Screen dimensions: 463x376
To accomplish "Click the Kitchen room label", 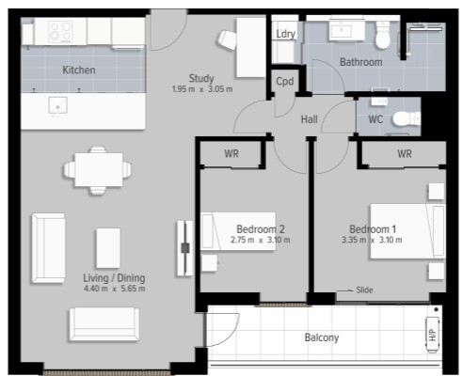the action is [79, 70].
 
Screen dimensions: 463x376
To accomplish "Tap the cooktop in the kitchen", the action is [61, 32].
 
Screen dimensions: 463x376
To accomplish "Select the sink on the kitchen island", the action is [58, 105].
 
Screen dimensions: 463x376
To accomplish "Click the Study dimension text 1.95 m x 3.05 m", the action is [202, 89].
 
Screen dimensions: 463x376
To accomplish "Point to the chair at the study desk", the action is [227, 39].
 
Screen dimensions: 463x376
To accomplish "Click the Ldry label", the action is [285, 34].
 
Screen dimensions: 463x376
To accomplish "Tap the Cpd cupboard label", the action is [285, 82].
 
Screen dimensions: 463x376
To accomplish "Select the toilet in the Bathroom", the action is [383, 35].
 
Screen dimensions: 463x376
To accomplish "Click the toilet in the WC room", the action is [407, 118].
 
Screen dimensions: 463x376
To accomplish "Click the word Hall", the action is [310, 119].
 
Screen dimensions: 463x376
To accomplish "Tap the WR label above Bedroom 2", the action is [231, 154].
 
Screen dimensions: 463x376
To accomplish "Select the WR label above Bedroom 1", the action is [405, 154].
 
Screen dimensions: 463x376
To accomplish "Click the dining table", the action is [99, 169].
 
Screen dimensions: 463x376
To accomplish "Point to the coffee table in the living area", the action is [108, 248].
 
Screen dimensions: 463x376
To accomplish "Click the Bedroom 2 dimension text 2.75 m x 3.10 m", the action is [261, 241].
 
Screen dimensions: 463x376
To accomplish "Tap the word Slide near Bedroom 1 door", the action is [364, 290].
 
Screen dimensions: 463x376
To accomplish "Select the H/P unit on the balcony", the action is [433, 335].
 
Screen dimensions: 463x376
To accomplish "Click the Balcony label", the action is [322, 337].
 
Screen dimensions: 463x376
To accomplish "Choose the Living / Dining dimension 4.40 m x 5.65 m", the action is [115, 289].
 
